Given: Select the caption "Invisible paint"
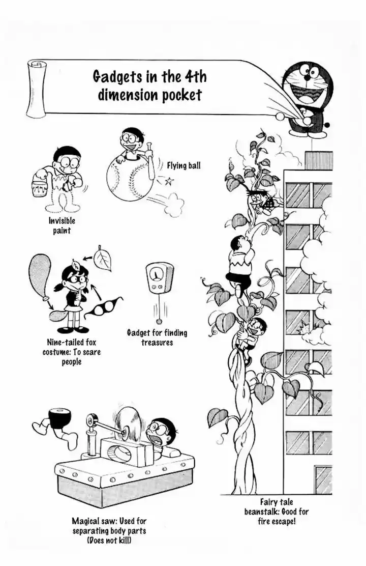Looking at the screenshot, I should pyautogui.click(x=62, y=226).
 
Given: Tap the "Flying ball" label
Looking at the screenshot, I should pyautogui.click(x=184, y=165).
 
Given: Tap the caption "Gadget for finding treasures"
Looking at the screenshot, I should pyautogui.click(x=157, y=337).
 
